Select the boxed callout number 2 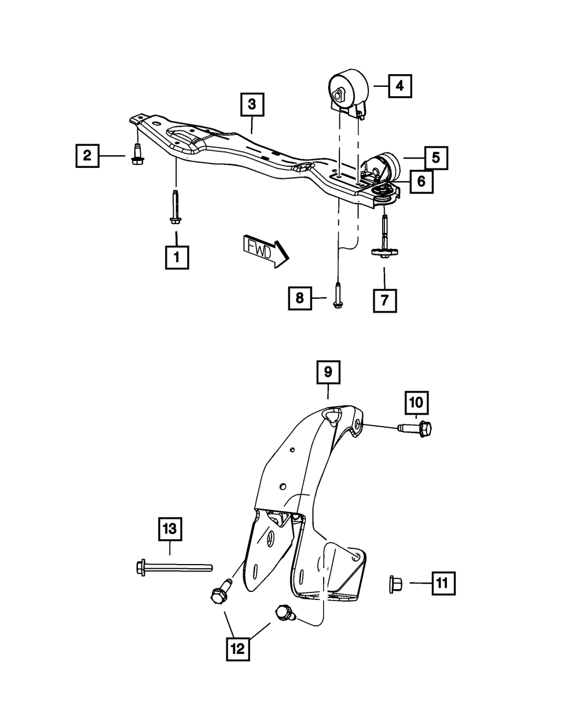point(87,155)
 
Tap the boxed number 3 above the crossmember point(252,105)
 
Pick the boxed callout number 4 point(400,86)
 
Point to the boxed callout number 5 point(435,157)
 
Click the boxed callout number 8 point(300,298)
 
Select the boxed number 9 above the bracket point(328,372)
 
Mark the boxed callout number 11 point(443,583)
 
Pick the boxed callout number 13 point(171,530)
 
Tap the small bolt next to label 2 point(137,155)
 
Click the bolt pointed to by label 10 point(416,429)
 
